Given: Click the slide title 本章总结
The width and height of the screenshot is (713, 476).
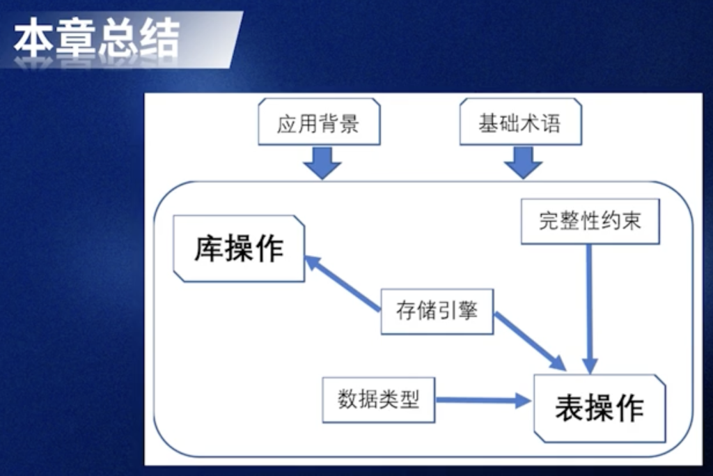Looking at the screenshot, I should point(97,40).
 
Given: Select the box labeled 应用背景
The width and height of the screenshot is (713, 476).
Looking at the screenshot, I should point(318,124).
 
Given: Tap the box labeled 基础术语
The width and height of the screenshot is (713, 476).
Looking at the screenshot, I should point(519,124).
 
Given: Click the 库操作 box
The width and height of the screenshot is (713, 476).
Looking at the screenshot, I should point(239,249).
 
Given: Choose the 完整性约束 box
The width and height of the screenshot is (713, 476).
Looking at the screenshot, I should point(589,222).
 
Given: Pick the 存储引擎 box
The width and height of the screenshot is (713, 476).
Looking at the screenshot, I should point(437,311).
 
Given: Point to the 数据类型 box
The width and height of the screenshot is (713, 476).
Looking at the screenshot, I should point(378,400).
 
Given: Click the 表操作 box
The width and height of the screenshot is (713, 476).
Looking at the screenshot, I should point(599,408).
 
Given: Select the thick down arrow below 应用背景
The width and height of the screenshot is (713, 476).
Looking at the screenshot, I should point(322,162).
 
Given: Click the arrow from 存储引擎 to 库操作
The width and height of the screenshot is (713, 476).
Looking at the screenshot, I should point(343,282).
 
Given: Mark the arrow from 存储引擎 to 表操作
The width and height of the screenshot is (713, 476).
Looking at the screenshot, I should point(529,342).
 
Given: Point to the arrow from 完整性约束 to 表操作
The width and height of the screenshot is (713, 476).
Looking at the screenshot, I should point(590,307).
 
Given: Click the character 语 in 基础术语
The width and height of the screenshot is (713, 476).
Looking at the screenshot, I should point(550,124).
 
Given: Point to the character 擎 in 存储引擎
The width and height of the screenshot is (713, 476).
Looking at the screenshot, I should point(468,311).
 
